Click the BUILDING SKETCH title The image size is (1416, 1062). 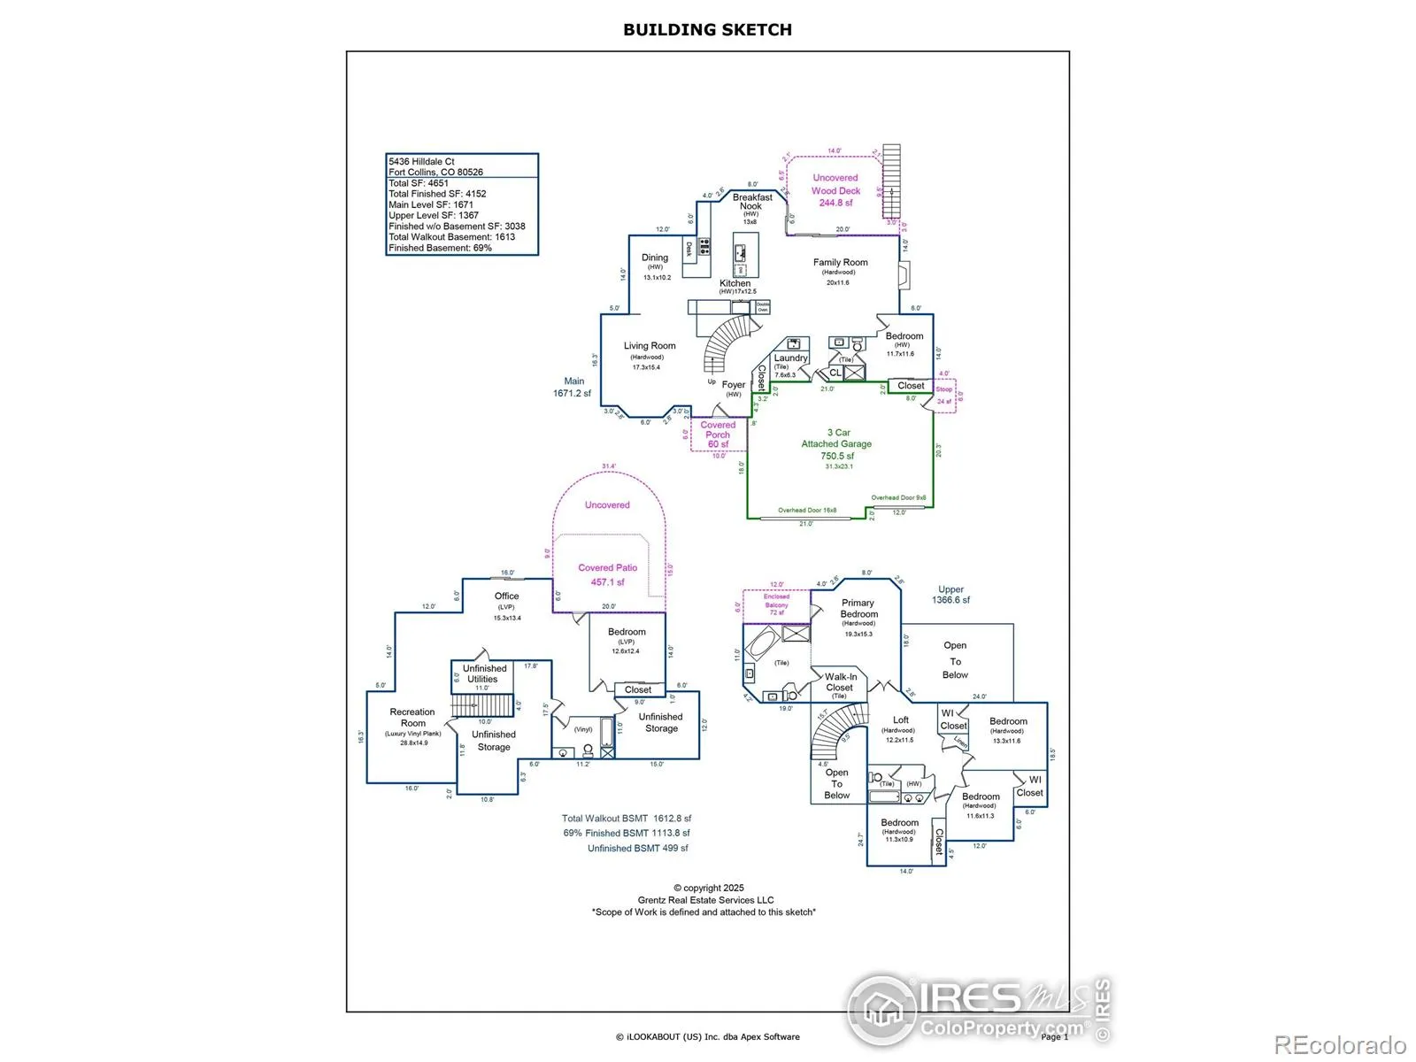pos(707,29)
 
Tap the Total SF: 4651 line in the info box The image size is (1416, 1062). pos(419,183)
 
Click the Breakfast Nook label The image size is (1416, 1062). pos(751,202)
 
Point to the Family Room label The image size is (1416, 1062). pos(840,263)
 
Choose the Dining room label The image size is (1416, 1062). pos(655,258)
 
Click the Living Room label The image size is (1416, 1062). pos(649,346)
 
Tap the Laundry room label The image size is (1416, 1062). pos(790,358)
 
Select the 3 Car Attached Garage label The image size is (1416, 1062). pos(836,439)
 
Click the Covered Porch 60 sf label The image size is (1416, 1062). pos(718,435)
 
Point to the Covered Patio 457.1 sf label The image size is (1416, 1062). pos(607,574)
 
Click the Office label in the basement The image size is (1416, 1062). pos(506,596)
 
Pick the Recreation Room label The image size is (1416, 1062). pos(412,718)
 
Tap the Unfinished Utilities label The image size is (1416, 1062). pos(484,674)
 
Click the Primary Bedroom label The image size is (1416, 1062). pos(858,608)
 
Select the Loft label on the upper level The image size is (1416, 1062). pos(900,720)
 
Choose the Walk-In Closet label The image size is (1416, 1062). pos(840,682)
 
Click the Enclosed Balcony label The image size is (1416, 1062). pos(776,601)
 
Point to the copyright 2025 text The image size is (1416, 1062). pos(708,888)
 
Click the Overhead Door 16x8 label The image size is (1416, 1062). pos(806,511)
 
